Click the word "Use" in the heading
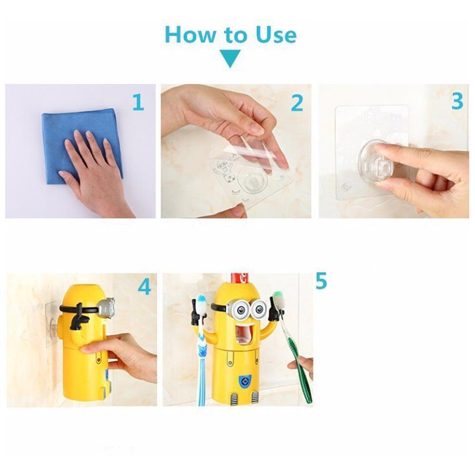pyautogui.click(x=271, y=35)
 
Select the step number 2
pyautogui.click(x=297, y=103)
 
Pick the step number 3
pyautogui.click(x=457, y=101)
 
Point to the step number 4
pyautogui.click(x=144, y=287)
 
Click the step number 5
pyautogui.click(x=321, y=281)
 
